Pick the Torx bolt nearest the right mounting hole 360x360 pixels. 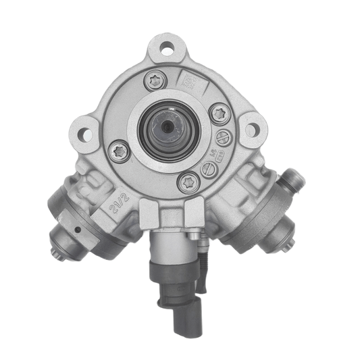coord(219,113)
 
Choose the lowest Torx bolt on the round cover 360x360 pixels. coord(187,181)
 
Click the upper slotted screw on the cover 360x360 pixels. coord(224,138)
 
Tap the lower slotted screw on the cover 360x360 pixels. coord(210,169)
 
